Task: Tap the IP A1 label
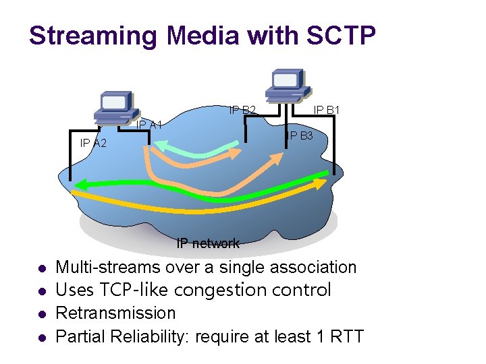click(148, 125)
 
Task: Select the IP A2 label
click(93, 143)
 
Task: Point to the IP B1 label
click(327, 109)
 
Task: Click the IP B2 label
click(242, 110)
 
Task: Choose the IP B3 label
click(299, 136)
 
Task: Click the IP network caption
click(208, 243)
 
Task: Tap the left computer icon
click(115, 108)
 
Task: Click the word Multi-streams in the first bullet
click(108, 267)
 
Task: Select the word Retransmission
click(115, 313)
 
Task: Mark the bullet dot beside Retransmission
click(42, 314)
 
